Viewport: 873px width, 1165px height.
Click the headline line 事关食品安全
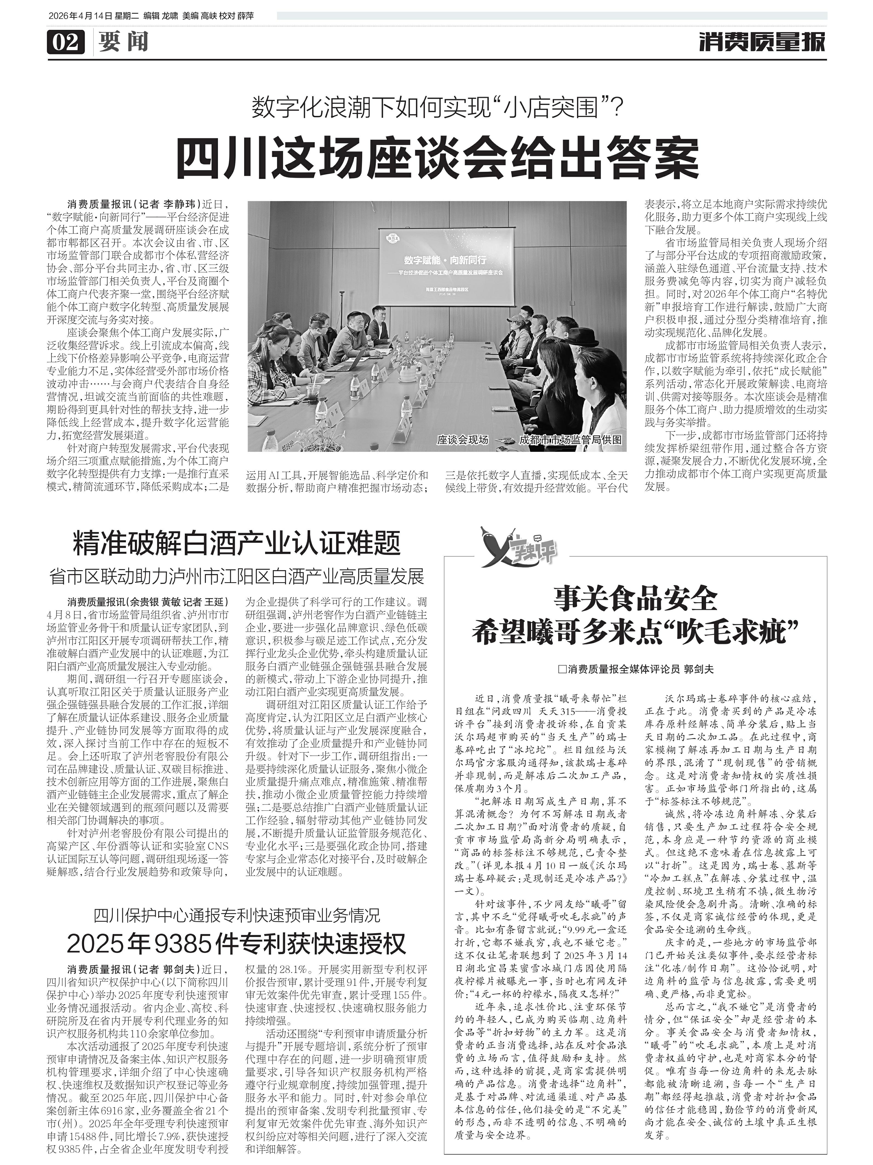(635, 599)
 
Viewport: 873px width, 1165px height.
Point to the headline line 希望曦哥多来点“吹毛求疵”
(635, 630)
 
